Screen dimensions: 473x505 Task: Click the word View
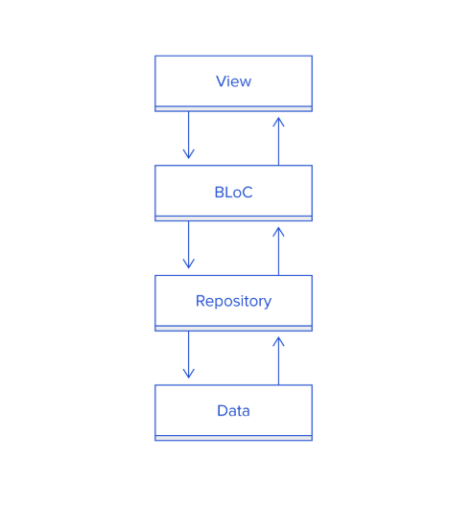click(x=233, y=81)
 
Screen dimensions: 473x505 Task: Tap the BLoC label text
click(x=233, y=193)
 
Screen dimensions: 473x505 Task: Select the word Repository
click(x=233, y=302)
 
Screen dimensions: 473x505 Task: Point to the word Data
click(x=233, y=411)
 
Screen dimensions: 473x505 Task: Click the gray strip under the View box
click(x=233, y=109)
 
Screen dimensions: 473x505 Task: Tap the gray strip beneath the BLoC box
click(x=233, y=218)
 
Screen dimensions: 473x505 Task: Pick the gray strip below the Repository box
click(x=233, y=328)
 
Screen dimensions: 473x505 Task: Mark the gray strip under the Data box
click(x=233, y=438)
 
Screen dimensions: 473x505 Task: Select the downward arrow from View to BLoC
click(x=189, y=135)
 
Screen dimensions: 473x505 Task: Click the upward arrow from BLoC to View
click(x=278, y=142)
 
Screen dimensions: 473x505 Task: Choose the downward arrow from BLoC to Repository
click(x=189, y=244)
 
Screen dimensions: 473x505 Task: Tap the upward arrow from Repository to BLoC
click(x=278, y=251)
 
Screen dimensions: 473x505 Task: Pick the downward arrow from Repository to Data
click(x=189, y=355)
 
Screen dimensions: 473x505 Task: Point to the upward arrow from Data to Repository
click(x=278, y=360)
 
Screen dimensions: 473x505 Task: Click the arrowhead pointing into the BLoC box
click(x=189, y=154)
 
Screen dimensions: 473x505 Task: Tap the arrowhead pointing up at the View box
click(x=278, y=122)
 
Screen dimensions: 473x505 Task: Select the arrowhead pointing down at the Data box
click(x=189, y=374)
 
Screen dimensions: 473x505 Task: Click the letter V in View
click(x=221, y=81)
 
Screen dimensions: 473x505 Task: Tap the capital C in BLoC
click(x=247, y=193)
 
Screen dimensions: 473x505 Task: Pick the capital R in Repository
click(x=201, y=301)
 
